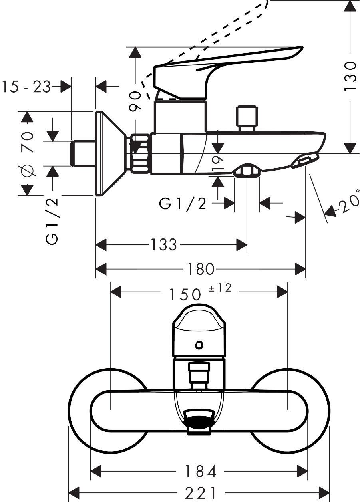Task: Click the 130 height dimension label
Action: click(x=350, y=76)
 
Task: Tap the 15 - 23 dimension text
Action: click(x=26, y=87)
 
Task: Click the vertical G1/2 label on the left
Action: click(x=52, y=220)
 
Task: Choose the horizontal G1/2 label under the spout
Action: click(x=183, y=204)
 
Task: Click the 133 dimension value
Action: click(x=164, y=244)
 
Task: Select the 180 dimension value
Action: click(x=201, y=269)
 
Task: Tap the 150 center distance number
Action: click(x=184, y=294)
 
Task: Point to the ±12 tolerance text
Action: click(x=220, y=288)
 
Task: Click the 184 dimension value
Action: click(x=200, y=472)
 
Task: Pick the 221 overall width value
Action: click(x=200, y=492)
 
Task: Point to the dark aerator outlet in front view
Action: click(x=199, y=422)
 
